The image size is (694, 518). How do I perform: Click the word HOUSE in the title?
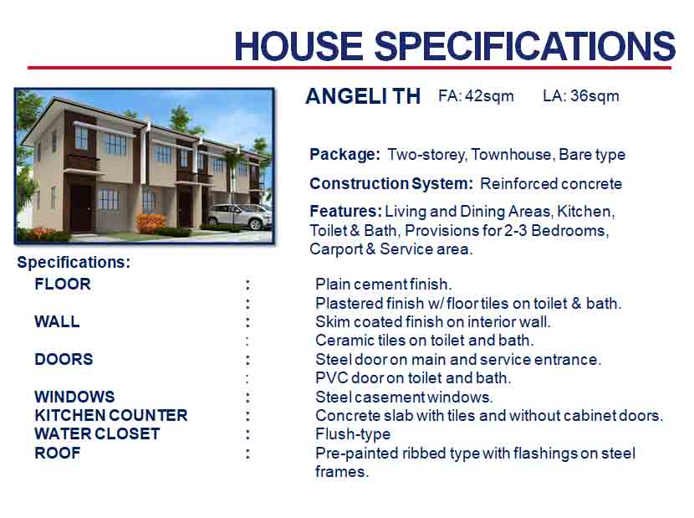pyautogui.click(x=299, y=46)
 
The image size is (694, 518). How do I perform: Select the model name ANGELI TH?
pyautogui.click(x=363, y=96)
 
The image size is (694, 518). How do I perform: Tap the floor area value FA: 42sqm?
pyautogui.click(x=477, y=96)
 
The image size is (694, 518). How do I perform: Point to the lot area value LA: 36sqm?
pyautogui.click(x=581, y=96)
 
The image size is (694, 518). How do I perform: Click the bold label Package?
pyautogui.click(x=344, y=155)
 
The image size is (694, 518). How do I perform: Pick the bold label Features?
pyautogui.click(x=345, y=212)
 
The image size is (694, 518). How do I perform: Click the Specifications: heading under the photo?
pyautogui.click(x=74, y=262)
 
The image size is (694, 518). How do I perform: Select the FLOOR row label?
pyautogui.click(x=63, y=284)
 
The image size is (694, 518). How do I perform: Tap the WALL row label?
pyautogui.click(x=58, y=321)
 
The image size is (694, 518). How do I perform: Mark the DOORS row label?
pyautogui.click(x=64, y=359)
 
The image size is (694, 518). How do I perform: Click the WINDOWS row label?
pyautogui.click(x=74, y=397)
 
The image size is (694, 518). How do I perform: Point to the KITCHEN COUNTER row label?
pyautogui.click(x=111, y=416)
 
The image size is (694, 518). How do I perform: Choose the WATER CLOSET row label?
pyautogui.click(x=97, y=434)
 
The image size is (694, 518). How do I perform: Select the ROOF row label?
pyautogui.click(x=58, y=454)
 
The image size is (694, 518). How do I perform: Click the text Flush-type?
pyautogui.click(x=353, y=434)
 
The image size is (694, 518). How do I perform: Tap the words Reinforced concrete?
pyautogui.click(x=551, y=184)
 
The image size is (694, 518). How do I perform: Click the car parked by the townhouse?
pyautogui.click(x=240, y=217)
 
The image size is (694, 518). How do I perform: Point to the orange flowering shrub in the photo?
pyautogui.click(x=152, y=223)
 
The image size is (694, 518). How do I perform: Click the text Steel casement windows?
pyautogui.click(x=404, y=397)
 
